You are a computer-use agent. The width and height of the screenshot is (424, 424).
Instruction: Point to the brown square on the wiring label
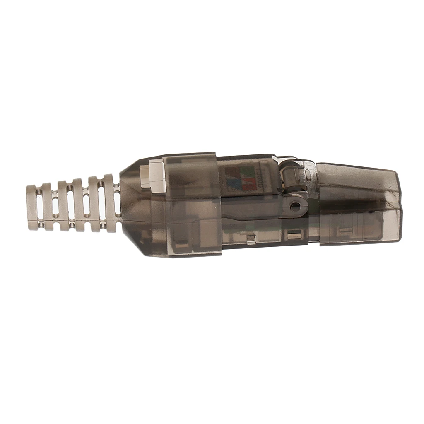231,172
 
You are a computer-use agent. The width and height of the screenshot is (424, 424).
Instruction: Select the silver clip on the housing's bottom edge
251,240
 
